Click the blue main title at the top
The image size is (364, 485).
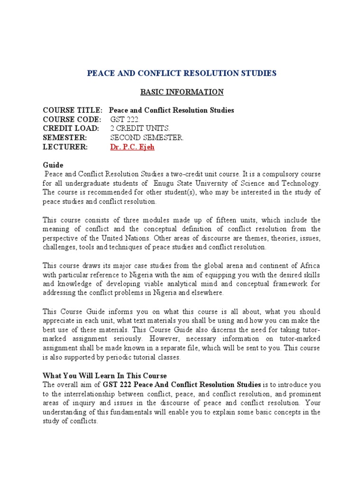[x=182, y=73]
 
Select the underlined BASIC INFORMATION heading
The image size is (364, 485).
[x=182, y=92]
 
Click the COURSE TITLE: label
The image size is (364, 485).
[x=72, y=110]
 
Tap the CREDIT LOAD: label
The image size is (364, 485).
[x=71, y=128]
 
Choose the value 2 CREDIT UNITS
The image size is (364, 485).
[x=139, y=128]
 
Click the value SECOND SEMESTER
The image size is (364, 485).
[x=146, y=138]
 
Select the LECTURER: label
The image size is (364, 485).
[x=65, y=147]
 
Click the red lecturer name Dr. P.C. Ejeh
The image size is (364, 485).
[x=132, y=147]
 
